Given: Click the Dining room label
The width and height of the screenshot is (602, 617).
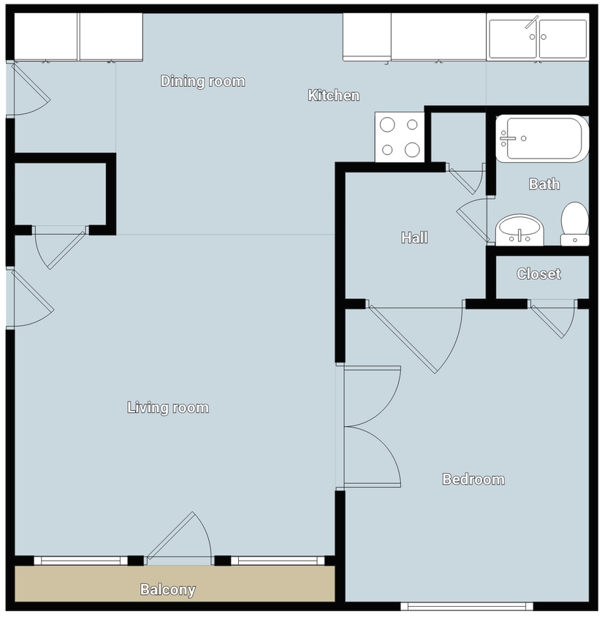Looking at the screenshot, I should click(x=202, y=81).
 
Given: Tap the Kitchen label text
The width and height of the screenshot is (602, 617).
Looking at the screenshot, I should click(x=333, y=95).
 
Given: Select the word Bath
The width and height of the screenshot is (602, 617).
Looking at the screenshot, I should click(x=544, y=184).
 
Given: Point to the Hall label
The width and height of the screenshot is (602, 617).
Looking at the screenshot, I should click(x=414, y=238).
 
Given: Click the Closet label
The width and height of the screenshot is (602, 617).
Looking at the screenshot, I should click(x=538, y=274).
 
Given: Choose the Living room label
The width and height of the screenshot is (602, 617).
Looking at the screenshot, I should click(x=168, y=407).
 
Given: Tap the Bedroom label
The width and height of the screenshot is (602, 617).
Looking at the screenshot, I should click(x=473, y=480).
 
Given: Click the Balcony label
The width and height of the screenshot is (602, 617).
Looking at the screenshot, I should click(x=167, y=589).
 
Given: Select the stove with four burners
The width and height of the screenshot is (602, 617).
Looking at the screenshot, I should click(x=399, y=137).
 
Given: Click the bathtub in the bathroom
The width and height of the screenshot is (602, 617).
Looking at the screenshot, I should click(x=541, y=138).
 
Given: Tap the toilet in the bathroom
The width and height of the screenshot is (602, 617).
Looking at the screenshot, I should click(x=575, y=222).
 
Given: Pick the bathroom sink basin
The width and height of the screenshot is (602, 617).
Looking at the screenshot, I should click(x=519, y=230).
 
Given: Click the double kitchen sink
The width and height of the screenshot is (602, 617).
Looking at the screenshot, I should click(x=538, y=39).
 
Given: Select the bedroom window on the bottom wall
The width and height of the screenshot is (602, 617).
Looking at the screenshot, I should click(x=467, y=605).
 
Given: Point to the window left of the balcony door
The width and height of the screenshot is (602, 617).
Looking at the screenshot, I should click(x=80, y=561).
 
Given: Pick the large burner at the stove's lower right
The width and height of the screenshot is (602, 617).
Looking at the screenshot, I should click(x=412, y=151).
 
